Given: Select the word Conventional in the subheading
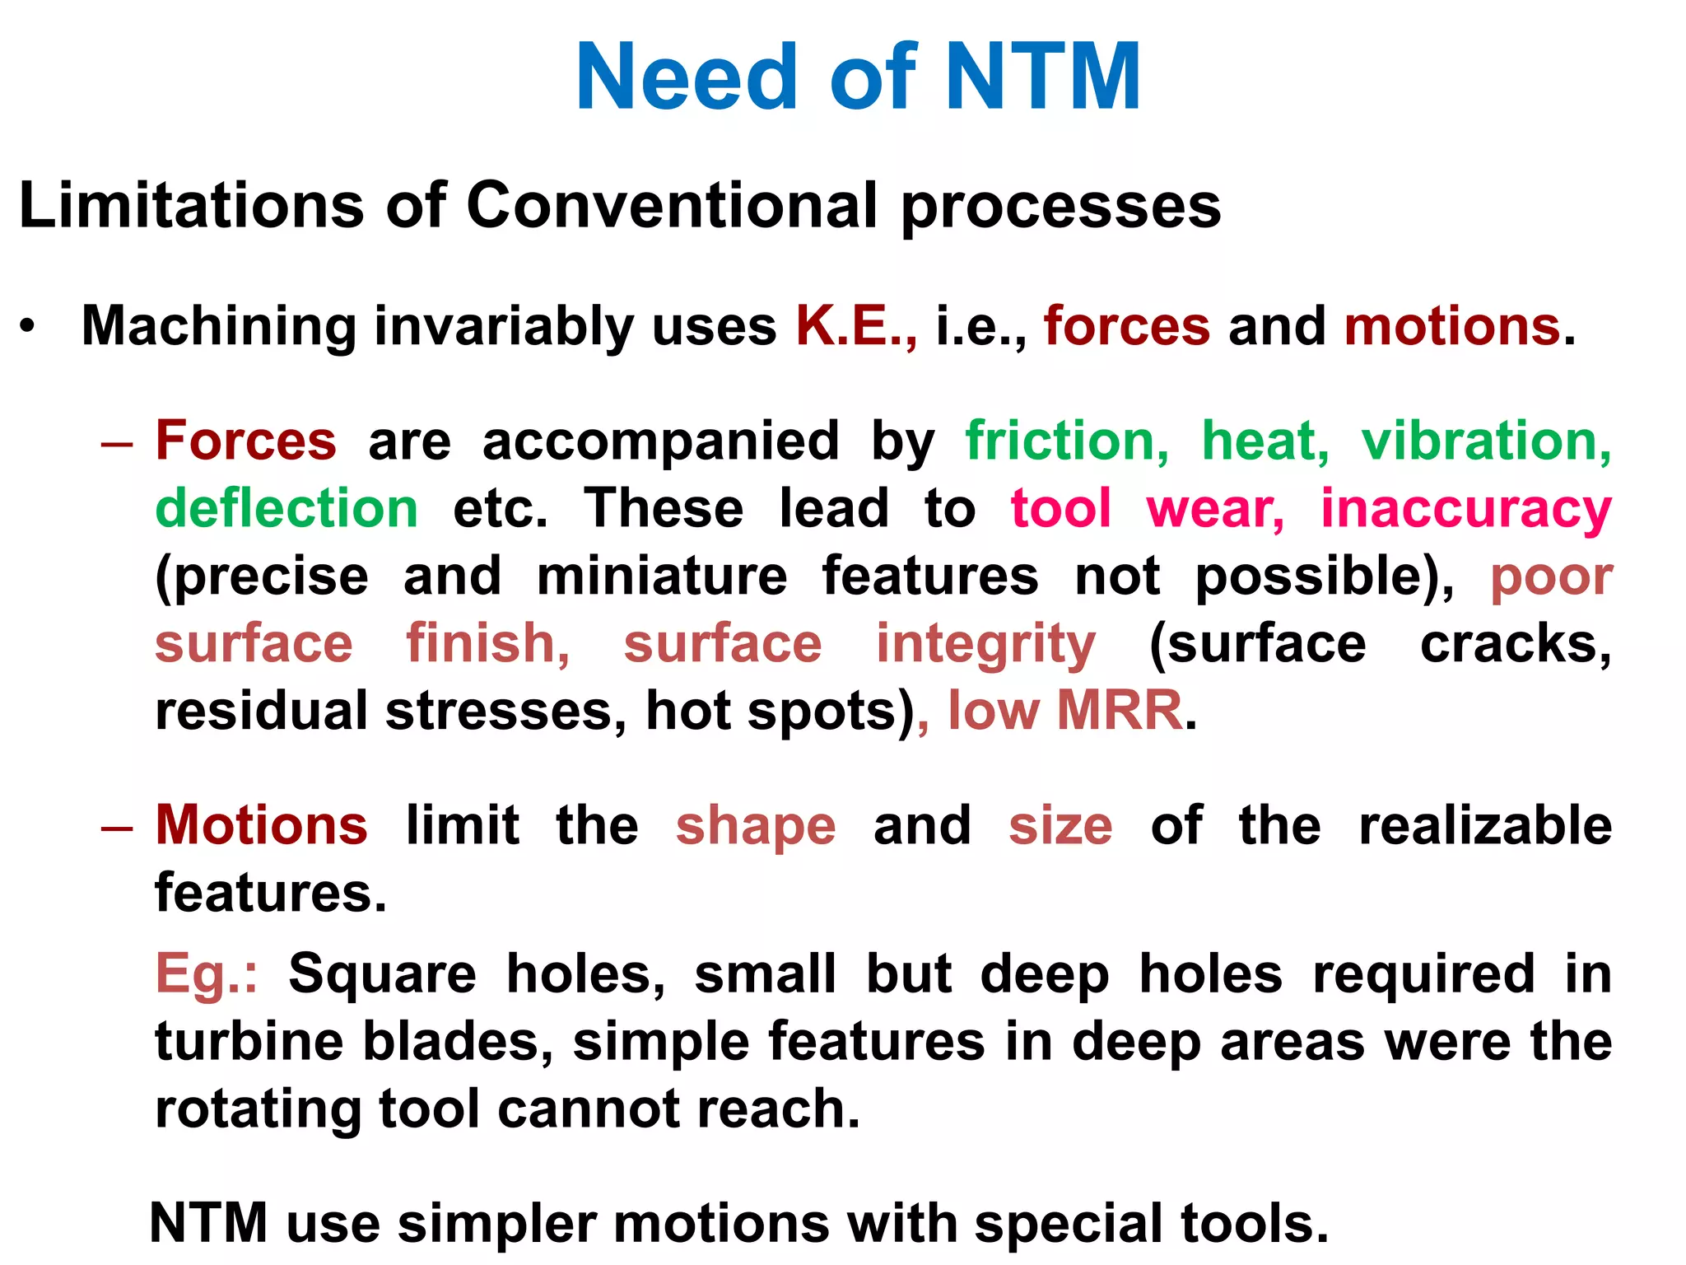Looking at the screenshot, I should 673,205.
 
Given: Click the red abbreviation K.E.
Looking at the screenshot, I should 855,326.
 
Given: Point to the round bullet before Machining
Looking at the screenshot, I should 29,326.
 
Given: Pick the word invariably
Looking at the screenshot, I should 504,326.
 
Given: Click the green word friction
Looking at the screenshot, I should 1067,441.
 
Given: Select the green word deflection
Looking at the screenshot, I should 286,508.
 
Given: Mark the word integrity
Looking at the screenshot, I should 985,644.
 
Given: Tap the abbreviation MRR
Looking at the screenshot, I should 1120,710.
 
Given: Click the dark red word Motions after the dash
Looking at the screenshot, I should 262,825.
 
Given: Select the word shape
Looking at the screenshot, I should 756,827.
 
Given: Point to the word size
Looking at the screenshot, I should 1060,825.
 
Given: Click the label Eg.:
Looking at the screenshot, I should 207,974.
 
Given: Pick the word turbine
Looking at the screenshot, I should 249,1041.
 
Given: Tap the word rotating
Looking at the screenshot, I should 258,1109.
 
